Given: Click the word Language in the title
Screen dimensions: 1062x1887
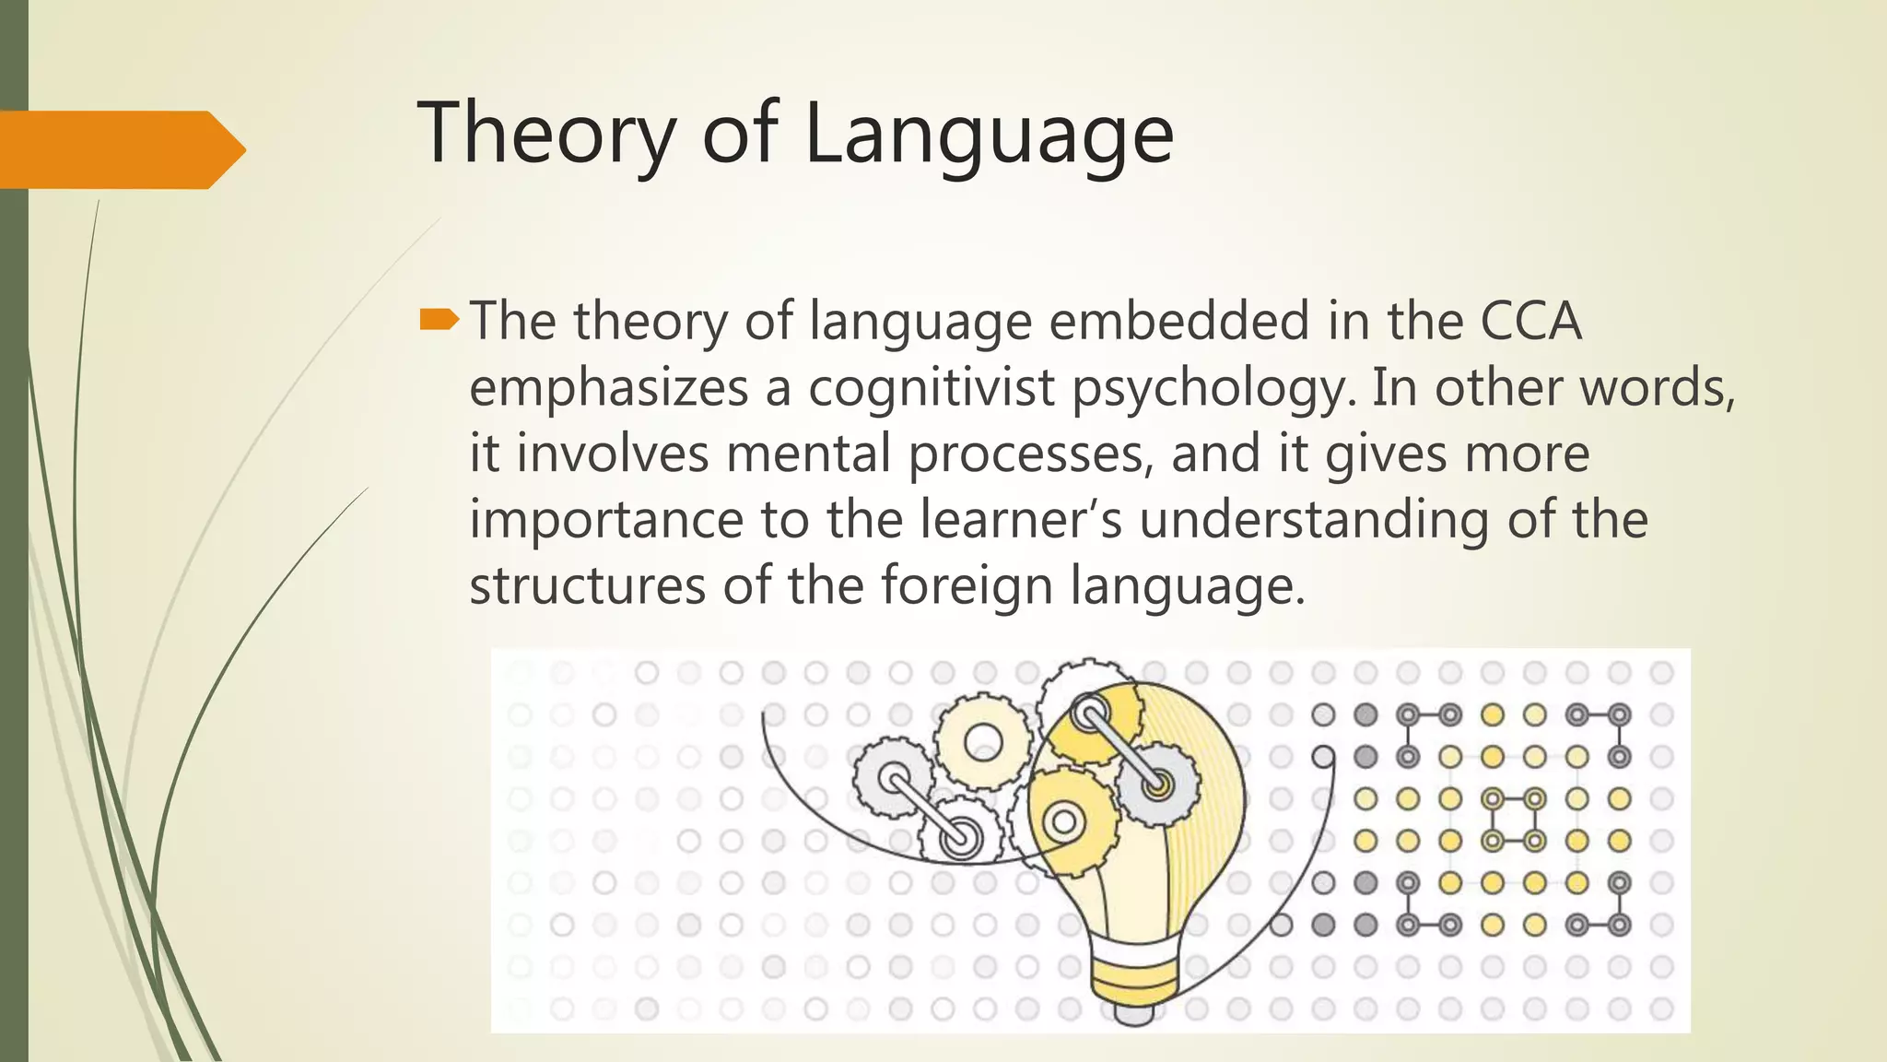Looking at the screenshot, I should [x=989, y=134].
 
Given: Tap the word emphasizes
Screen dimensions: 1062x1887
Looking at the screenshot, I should [x=608, y=387].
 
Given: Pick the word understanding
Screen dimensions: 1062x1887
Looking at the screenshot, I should [x=1314, y=519].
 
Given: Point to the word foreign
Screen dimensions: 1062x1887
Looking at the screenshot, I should [x=966, y=585].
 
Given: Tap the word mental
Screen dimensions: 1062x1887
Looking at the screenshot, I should [x=809, y=454].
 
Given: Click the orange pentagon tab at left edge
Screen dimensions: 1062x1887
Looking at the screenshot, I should [x=120, y=149].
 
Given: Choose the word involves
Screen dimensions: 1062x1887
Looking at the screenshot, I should [x=612, y=454].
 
